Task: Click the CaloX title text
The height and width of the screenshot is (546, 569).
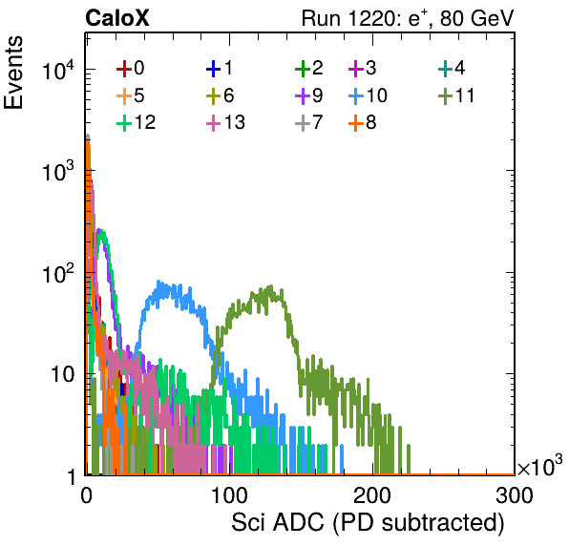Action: point(117,18)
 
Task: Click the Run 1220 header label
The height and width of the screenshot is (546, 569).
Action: point(408,18)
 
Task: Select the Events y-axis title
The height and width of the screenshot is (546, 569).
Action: point(13,73)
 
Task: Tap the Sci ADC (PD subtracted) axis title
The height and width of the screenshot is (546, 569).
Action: point(368,523)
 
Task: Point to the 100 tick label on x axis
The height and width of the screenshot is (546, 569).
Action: point(229,495)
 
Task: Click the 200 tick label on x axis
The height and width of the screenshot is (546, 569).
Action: point(372,495)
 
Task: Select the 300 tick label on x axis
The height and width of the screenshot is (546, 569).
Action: point(515,495)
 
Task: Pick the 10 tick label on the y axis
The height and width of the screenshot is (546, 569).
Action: point(63,374)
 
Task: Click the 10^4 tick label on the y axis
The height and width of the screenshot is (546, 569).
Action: point(58,70)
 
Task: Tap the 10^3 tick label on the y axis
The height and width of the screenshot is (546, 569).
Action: point(58,172)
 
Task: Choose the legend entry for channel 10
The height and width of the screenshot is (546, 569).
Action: point(368,95)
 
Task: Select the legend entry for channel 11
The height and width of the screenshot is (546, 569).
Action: point(456,95)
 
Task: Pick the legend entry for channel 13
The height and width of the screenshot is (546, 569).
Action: point(225,122)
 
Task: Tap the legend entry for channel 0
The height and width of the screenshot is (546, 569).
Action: point(130,68)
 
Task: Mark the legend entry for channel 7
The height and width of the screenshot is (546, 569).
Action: point(308,122)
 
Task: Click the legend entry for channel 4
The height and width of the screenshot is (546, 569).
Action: point(452,68)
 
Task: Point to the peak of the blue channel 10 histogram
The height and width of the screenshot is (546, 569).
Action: point(158,282)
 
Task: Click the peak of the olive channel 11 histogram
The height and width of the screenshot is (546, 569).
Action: point(270,286)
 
